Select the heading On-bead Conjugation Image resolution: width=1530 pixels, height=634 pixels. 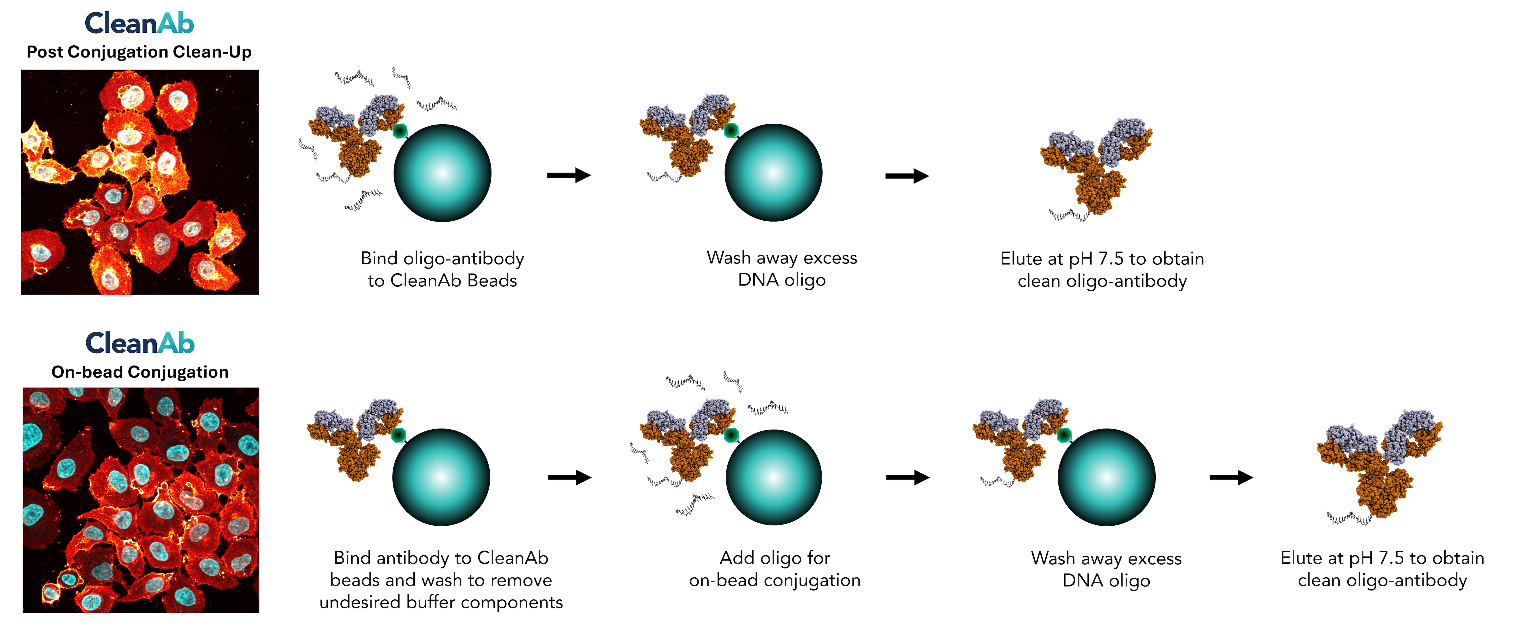point(140,372)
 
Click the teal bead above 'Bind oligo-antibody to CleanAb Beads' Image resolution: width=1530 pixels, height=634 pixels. point(442,173)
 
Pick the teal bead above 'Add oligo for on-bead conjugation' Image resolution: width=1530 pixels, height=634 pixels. point(774,477)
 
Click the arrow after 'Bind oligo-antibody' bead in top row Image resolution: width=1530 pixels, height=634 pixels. point(569,175)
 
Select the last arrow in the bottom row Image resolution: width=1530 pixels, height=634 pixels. point(1231,477)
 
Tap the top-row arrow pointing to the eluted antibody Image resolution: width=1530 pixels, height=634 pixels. point(906,176)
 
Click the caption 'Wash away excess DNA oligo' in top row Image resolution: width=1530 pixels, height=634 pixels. point(782,269)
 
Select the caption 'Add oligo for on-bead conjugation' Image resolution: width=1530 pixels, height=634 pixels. point(774,569)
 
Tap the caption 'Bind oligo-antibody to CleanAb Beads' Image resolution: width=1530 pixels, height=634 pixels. point(442,269)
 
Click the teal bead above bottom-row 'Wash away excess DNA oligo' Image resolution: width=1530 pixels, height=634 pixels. point(1106,477)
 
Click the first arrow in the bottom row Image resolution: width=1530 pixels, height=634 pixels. point(569,477)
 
